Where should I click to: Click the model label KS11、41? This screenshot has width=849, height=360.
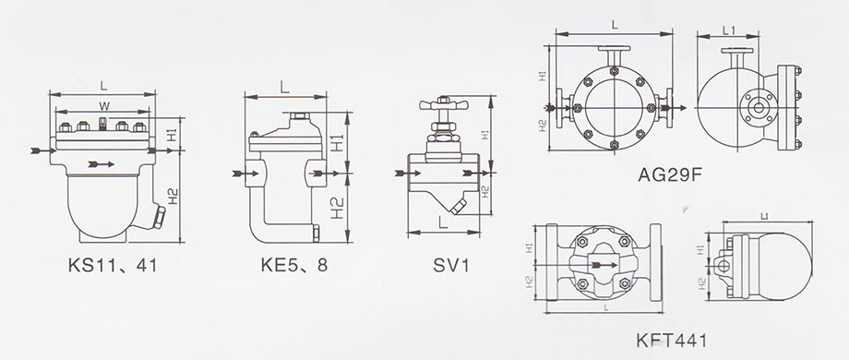pos(113,265)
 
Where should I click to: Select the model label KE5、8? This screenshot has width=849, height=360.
pos(294,265)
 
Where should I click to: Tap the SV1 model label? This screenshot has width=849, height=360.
pos(450,265)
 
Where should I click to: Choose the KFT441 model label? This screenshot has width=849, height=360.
pos(671,341)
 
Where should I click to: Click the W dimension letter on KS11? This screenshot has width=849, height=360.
pos(103,104)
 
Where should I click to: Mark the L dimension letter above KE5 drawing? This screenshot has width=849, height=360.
pos(285,87)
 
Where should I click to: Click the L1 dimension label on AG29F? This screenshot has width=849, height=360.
pos(729,30)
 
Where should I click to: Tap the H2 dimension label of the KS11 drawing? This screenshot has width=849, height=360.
pos(173,196)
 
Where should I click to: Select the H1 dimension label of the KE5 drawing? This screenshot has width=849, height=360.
pos(338,143)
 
